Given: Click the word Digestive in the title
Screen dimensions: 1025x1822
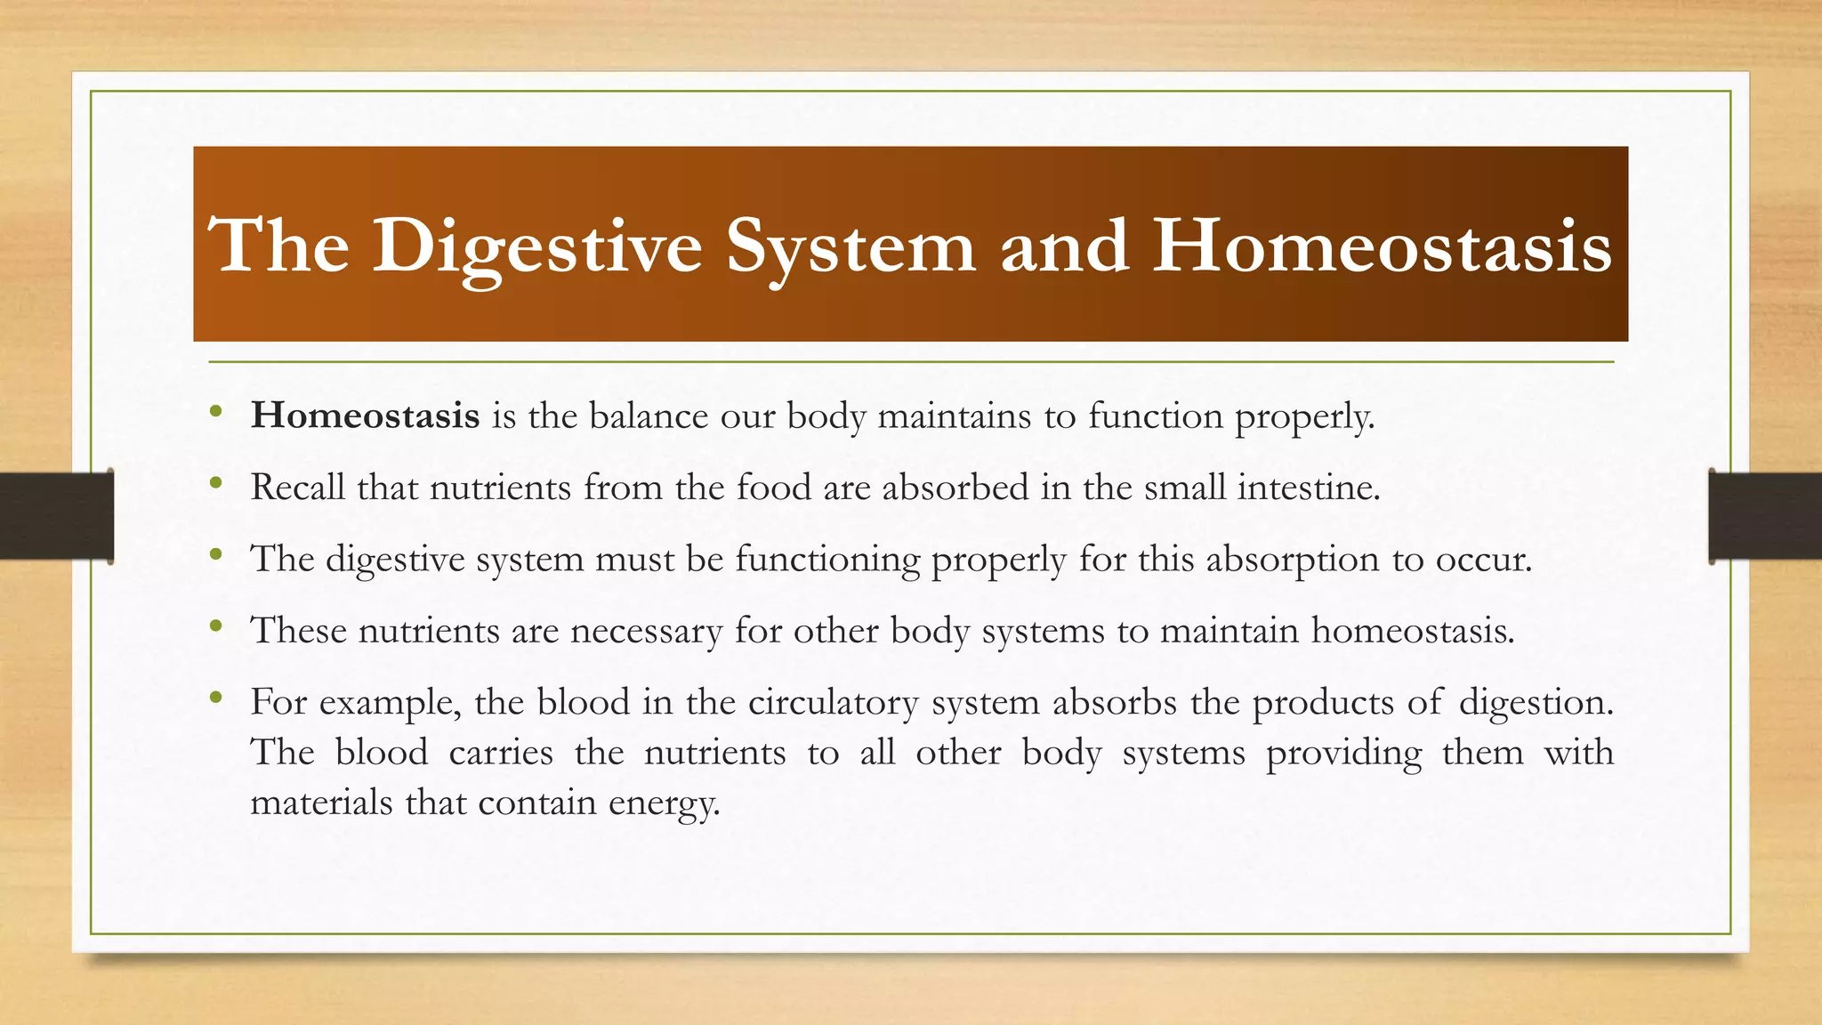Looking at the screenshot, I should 537,246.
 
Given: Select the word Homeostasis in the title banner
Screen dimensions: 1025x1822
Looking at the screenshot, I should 1382,246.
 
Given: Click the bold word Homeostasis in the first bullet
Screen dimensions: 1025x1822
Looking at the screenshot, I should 365,416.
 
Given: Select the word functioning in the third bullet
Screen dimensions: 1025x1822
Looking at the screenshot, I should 827,560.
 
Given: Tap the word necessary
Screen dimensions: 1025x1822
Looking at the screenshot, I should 647,631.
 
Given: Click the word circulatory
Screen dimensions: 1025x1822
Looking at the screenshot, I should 833,703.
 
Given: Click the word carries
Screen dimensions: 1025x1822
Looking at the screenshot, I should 500,753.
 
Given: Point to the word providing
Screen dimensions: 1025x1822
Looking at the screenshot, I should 1343,754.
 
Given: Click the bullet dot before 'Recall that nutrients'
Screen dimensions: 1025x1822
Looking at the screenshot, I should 215,483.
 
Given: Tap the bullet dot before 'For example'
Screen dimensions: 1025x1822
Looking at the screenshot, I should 215,698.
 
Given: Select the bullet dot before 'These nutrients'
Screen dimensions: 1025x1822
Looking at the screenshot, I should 215,626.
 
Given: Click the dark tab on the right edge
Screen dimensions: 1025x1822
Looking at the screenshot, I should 1764,516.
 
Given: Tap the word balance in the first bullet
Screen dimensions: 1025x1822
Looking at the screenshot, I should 649,416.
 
